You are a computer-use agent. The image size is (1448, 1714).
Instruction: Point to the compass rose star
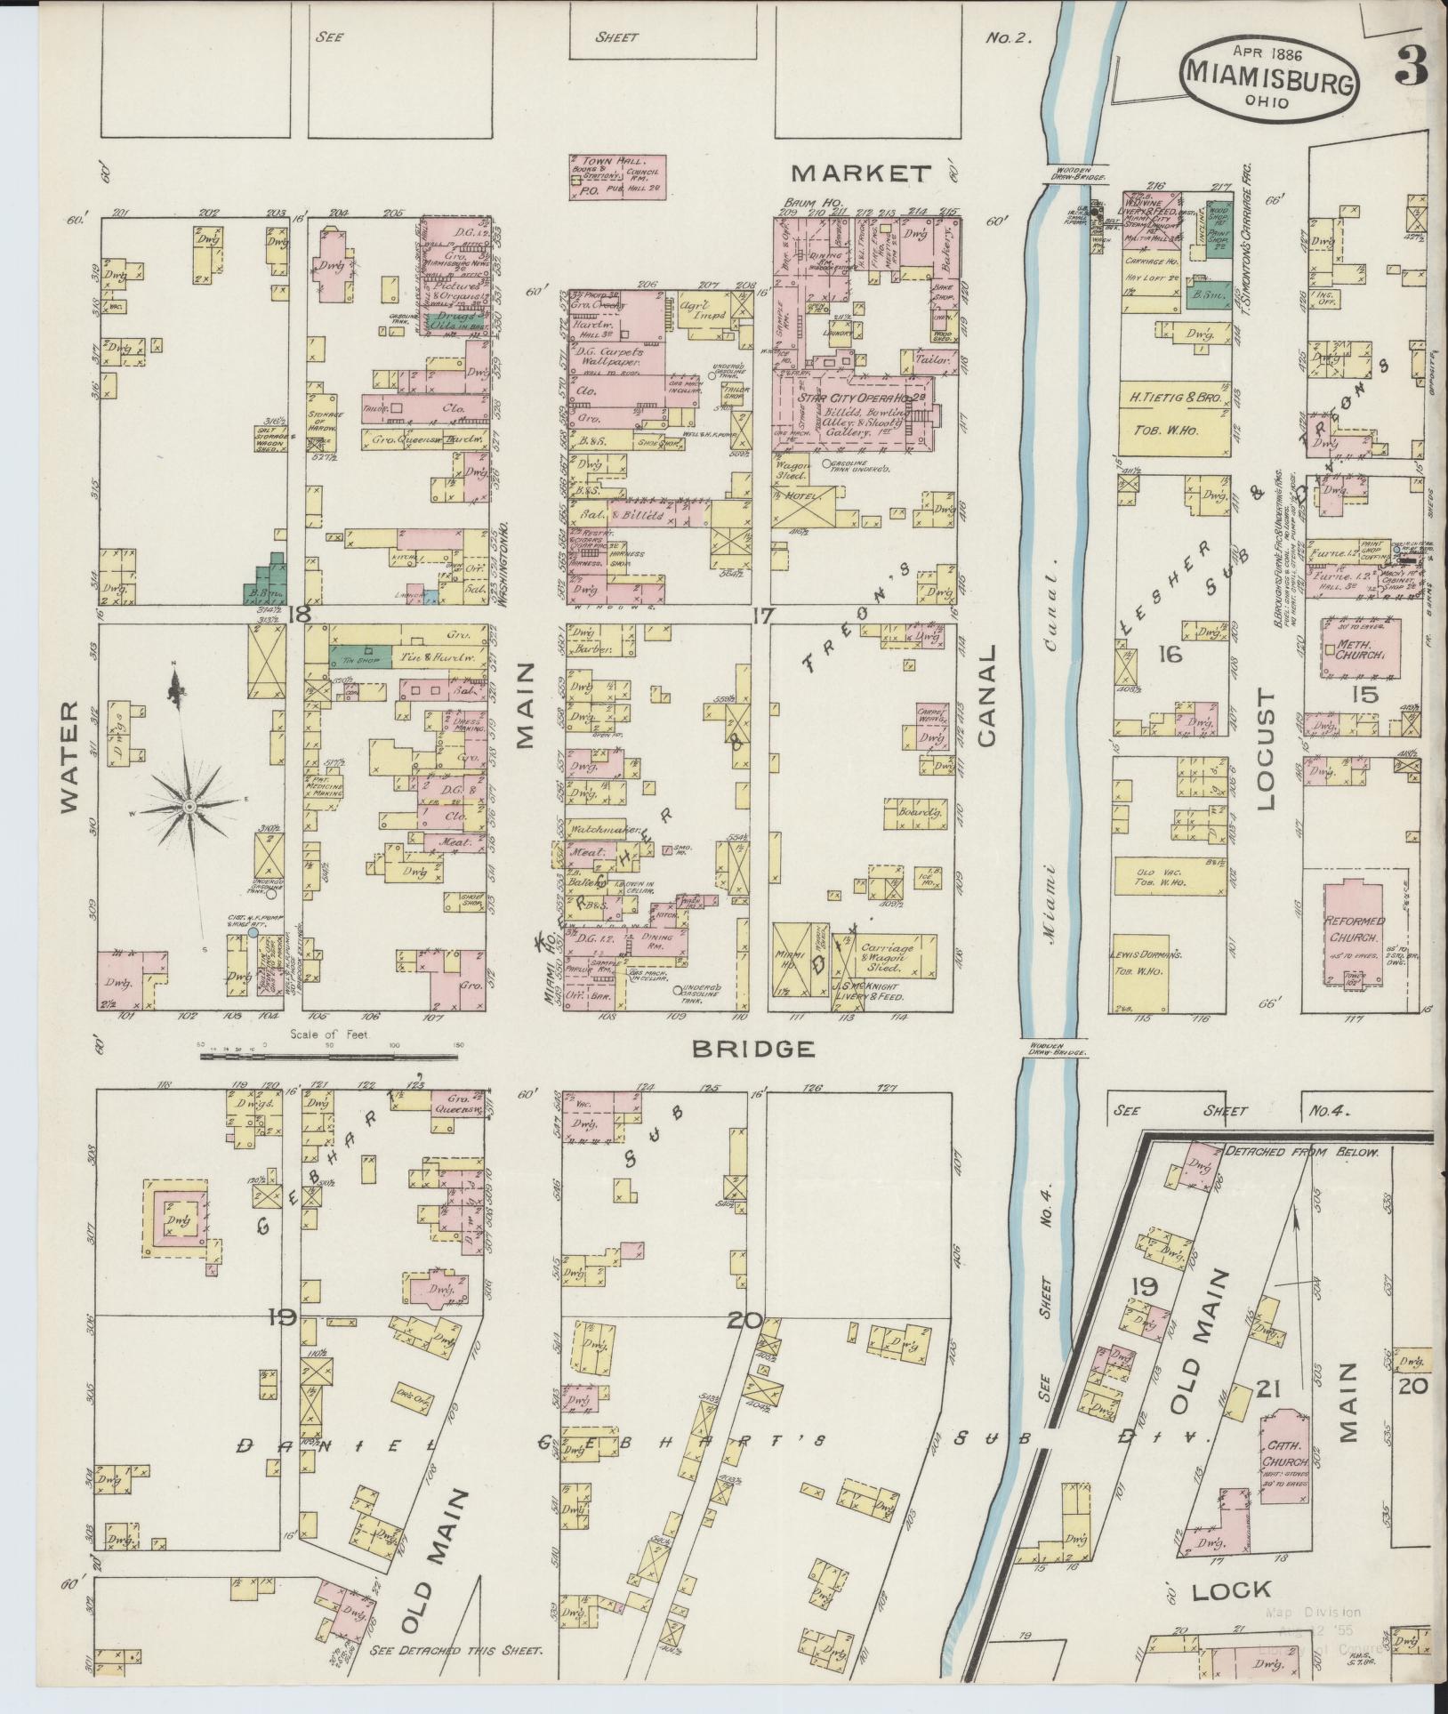pos(189,805)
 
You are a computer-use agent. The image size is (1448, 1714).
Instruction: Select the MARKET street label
pos(861,173)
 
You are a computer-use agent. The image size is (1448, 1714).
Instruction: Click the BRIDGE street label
pos(753,1050)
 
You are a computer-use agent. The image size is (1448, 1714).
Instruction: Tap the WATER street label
pos(72,756)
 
